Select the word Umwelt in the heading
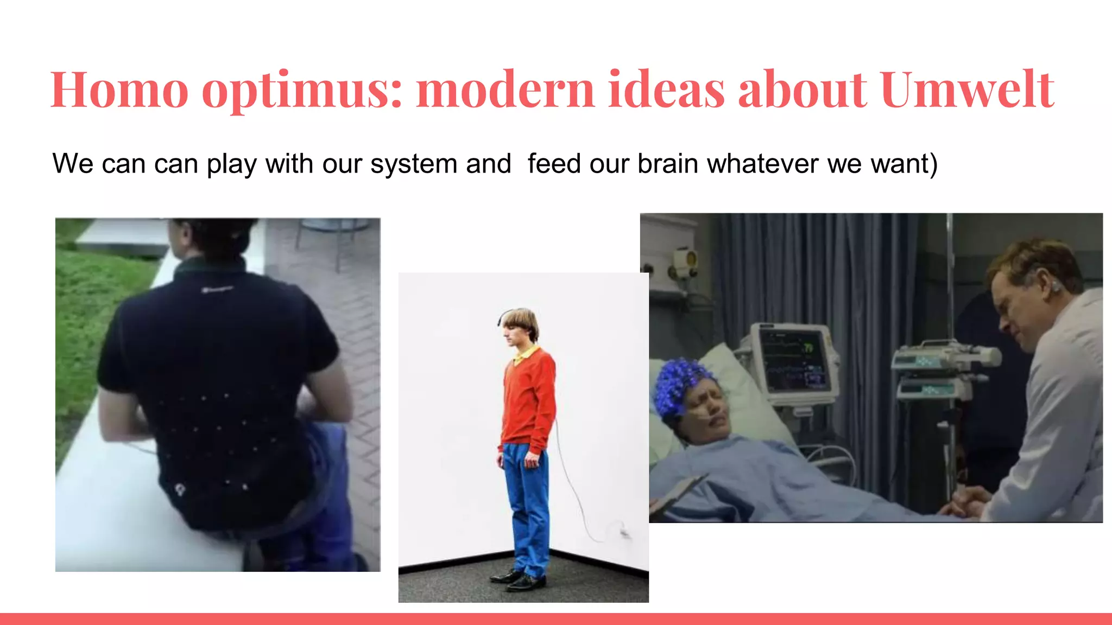[x=968, y=90]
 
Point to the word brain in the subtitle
[x=668, y=163]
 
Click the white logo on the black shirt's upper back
[x=217, y=290]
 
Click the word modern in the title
[x=505, y=90]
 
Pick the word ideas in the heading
[x=666, y=90]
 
